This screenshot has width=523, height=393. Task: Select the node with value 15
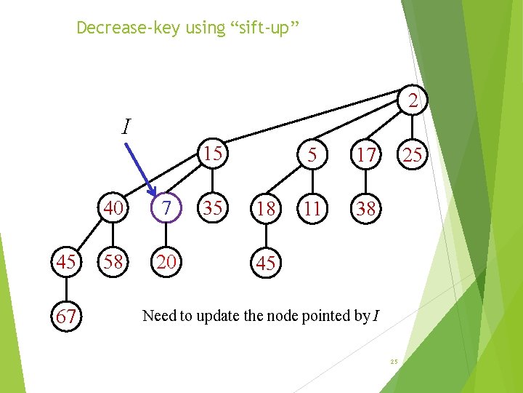click(x=213, y=154)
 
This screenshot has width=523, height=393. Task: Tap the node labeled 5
click(x=312, y=154)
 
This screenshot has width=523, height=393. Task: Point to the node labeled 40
click(x=113, y=208)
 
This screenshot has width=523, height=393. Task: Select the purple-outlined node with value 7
click(x=166, y=208)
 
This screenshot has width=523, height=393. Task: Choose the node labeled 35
click(x=213, y=208)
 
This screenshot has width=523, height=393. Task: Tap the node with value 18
click(x=266, y=208)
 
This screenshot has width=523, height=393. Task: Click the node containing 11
click(x=312, y=208)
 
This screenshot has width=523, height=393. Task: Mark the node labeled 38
click(x=365, y=208)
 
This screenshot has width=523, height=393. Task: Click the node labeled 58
click(x=113, y=262)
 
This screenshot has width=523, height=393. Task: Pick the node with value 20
click(x=166, y=262)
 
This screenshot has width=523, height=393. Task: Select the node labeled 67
click(x=66, y=317)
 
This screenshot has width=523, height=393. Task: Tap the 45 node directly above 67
click(x=66, y=262)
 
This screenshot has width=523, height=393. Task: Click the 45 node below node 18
click(x=266, y=263)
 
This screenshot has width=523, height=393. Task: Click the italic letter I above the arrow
click(x=126, y=128)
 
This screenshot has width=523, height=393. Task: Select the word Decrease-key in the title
click(x=115, y=28)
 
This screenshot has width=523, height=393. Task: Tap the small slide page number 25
click(x=394, y=362)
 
